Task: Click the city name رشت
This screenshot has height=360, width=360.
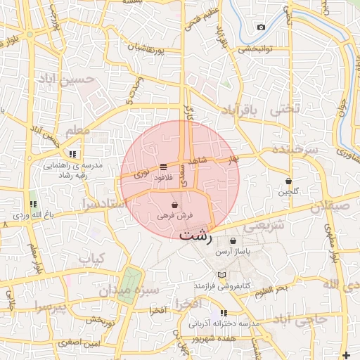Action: (x=194, y=235)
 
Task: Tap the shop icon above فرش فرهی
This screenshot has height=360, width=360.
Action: (x=174, y=205)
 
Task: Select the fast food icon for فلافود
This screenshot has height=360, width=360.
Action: (x=164, y=167)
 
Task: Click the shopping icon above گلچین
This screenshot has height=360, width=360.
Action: (x=288, y=180)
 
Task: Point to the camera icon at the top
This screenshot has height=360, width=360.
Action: (x=262, y=27)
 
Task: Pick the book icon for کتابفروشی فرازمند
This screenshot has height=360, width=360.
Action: (x=222, y=275)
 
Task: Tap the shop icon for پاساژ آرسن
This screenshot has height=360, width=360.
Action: (x=233, y=240)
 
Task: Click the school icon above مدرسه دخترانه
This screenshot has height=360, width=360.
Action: (x=224, y=313)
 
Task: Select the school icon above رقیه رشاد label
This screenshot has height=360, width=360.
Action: (x=72, y=154)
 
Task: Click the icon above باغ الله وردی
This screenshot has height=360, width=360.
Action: (x=32, y=204)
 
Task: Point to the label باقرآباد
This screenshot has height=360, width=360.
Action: (x=241, y=111)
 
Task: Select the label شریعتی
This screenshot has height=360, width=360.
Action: (x=265, y=226)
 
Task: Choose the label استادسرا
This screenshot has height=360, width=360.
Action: (x=103, y=204)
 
